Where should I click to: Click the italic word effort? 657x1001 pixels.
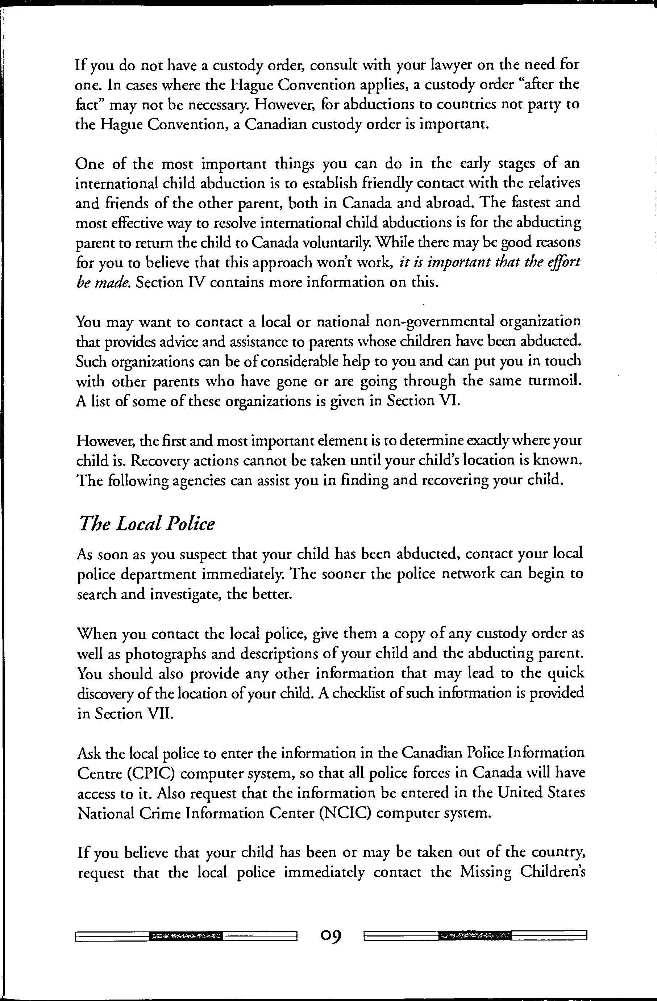click(566, 263)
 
